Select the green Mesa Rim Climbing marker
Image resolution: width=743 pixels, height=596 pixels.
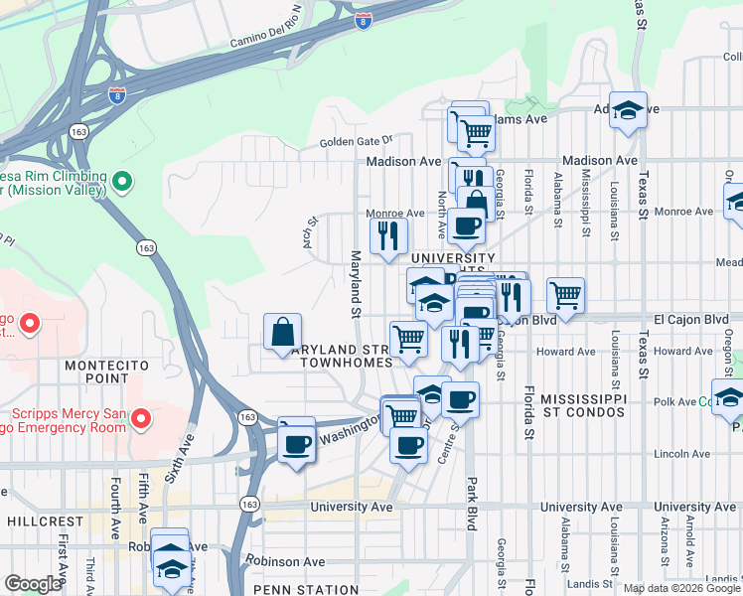click(122, 182)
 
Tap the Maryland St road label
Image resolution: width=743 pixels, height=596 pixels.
click(354, 283)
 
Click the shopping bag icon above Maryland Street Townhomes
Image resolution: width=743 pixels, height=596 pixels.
click(283, 332)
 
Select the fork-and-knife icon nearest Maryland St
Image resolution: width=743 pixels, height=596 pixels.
click(388, 235)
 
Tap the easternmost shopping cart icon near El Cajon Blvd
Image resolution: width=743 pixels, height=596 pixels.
click(565, 294)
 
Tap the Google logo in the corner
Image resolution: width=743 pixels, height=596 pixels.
click(33, 583)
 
